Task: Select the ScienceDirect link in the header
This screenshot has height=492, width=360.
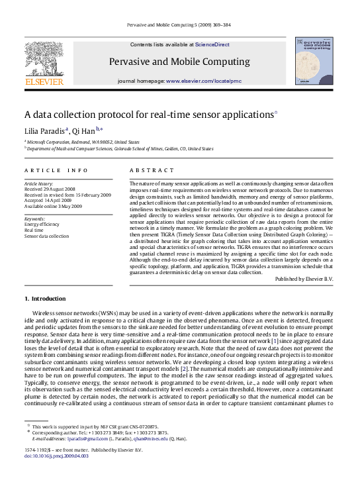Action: coord(212,44)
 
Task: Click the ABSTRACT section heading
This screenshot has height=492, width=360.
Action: coord(147,170)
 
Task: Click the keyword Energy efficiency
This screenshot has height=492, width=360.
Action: coord(42,224)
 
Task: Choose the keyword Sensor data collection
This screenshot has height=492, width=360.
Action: coord(46,236)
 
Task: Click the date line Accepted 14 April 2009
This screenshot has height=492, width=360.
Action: coord(48,201)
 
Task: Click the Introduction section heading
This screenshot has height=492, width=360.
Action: coord(48,299)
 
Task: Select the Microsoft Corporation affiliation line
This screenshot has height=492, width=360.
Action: coord(83,142)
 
